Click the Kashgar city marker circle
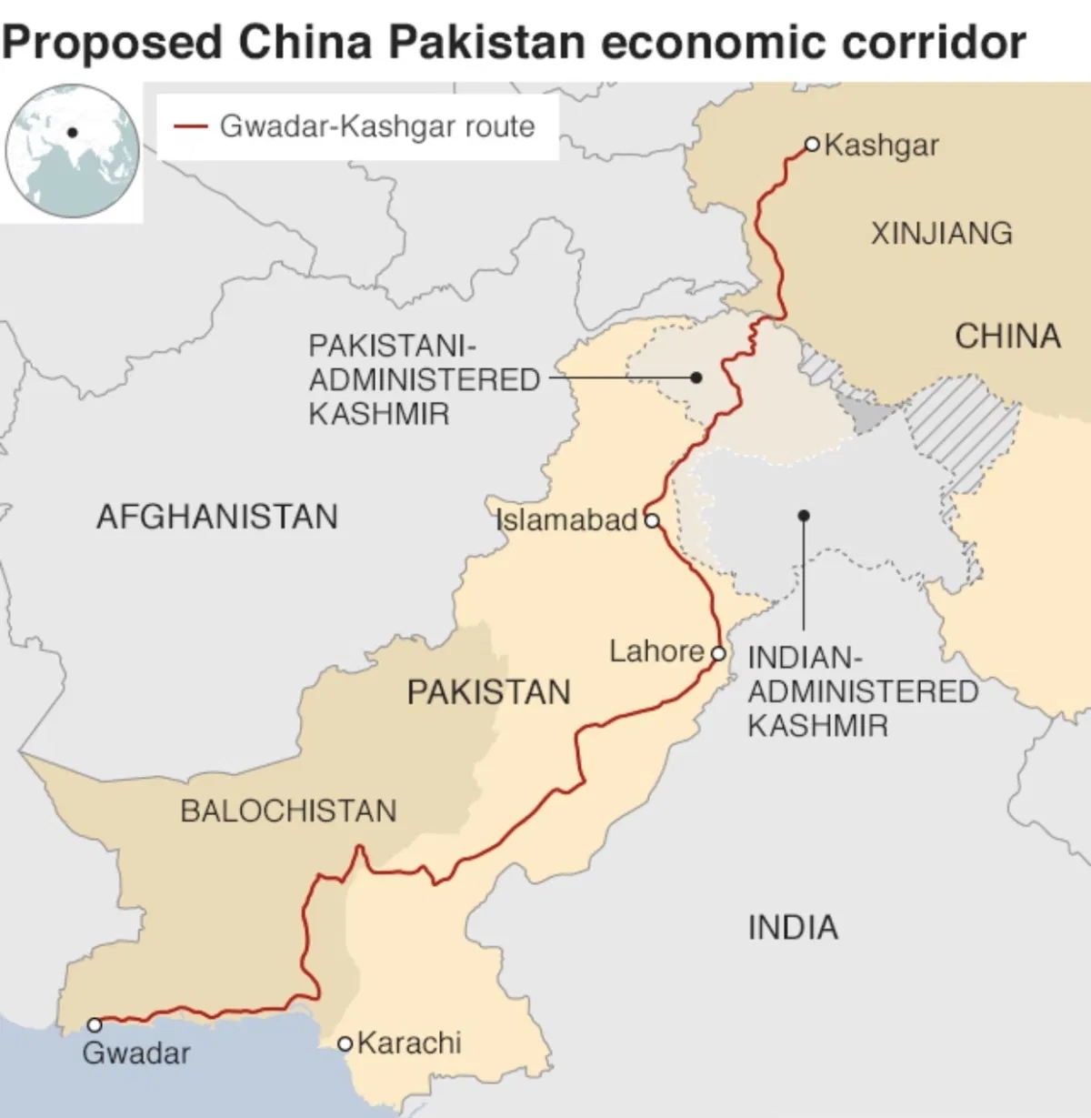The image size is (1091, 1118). (812, 144)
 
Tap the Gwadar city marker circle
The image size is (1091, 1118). (94, 1025)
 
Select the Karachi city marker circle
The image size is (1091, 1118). (345, 1043)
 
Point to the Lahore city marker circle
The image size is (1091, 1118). (718, 653)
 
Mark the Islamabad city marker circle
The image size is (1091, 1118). (651, 520)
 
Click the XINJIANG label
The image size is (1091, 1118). (941, 234)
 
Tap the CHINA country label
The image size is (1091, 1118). (1007, 337)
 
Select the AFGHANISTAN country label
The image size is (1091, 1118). (216, 517)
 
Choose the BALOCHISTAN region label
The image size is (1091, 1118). (288, 811)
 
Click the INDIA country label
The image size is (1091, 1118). (793, 928)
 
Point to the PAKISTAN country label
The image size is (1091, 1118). (488, 692)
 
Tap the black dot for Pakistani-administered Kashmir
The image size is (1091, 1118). (696, 377)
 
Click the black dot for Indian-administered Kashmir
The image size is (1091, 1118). (803, 516)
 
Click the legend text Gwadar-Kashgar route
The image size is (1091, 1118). (377, 126)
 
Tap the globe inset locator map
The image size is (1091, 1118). (73, 150)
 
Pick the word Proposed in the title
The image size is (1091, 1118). (113, 43)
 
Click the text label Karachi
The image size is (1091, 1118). (409, 1042)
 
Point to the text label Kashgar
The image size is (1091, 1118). (881, 146)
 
